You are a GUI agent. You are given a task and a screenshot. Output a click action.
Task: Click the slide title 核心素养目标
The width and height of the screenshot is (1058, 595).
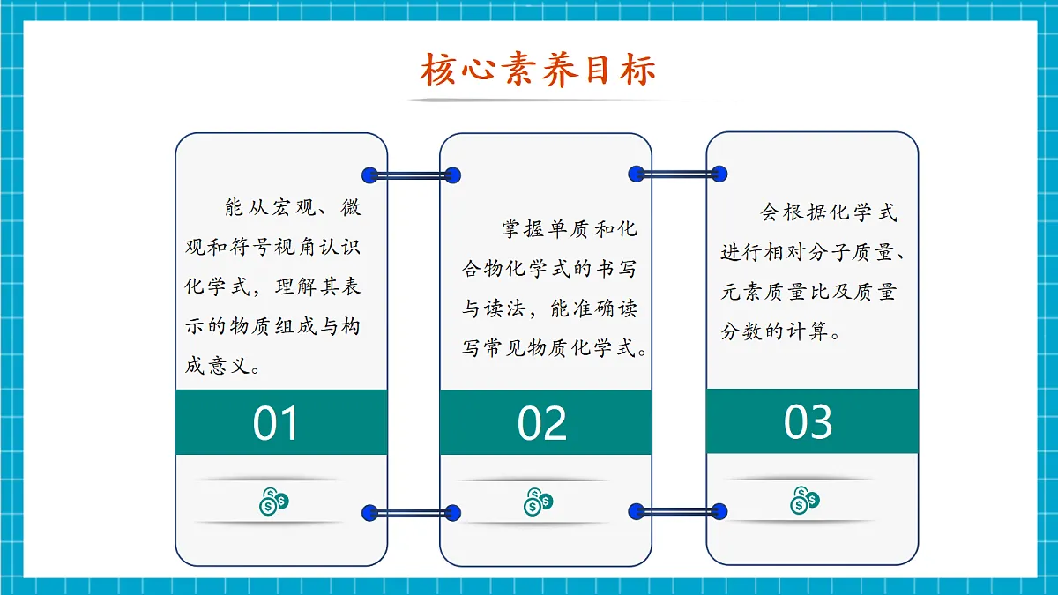(538, 71)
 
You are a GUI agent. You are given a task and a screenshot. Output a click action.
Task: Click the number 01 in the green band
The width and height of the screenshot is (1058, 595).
(276, 424)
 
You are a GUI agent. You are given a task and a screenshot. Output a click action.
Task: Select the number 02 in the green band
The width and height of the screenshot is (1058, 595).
(541, 424)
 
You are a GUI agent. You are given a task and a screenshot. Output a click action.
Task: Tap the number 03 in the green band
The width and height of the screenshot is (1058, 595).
(808, 422)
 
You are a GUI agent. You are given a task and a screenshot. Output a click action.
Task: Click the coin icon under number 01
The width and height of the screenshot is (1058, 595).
(273, 502)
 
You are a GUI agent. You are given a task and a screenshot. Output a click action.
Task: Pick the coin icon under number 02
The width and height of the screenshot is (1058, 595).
(538, 502)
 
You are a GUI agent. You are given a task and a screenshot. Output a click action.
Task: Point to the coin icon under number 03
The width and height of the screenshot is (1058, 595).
(803, 500)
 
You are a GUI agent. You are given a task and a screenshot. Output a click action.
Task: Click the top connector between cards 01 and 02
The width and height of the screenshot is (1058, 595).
(411, 175)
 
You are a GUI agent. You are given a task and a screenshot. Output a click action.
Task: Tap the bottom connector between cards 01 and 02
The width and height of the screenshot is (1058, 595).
(411, 512)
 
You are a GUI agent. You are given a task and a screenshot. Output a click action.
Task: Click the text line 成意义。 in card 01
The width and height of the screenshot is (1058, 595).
(222, 366)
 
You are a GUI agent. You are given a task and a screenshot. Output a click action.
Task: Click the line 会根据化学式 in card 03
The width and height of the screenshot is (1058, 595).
(829, 212)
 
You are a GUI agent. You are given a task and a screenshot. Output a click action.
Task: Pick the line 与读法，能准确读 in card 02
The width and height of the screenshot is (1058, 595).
(550, 309)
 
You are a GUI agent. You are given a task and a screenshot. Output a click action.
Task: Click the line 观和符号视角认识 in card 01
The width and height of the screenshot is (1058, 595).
(272, 248)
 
